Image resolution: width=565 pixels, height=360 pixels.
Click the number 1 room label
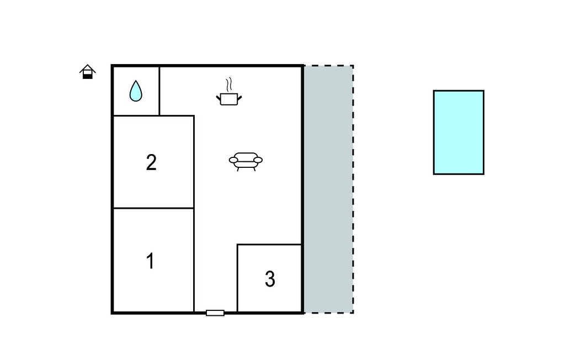tap(151, 261)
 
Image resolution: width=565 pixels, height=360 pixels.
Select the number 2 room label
tap(151, 162)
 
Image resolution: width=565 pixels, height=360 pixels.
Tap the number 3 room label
tap(270, 279)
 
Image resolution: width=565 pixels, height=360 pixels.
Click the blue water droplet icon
tap(136, 91)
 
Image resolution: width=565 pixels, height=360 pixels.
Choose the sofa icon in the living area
tap(246, 161)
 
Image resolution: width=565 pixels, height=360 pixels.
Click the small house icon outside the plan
tap(88, 71)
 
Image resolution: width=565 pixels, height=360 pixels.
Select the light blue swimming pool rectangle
tap(459, 133)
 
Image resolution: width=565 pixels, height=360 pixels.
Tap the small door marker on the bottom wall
tap(215, 313)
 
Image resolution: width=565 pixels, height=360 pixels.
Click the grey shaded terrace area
tap(328, 189)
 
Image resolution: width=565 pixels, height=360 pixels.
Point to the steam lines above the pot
tap(229, 85)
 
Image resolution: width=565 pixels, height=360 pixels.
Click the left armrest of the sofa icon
tap(233, 160)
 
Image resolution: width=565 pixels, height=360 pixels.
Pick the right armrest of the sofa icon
tap(258, 160)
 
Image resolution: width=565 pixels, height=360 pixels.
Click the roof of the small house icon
tap(88, 68)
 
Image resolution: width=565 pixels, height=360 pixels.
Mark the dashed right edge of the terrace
tap(353, 189)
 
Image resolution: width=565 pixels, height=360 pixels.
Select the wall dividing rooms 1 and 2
tap(153, 208)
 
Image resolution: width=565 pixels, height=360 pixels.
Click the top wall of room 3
tap(269, 244)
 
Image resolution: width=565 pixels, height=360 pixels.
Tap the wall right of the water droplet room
tap(159, 91)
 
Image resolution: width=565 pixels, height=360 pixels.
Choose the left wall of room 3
tap(237, 278)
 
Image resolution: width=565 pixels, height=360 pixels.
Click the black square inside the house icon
tap(88, 76)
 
